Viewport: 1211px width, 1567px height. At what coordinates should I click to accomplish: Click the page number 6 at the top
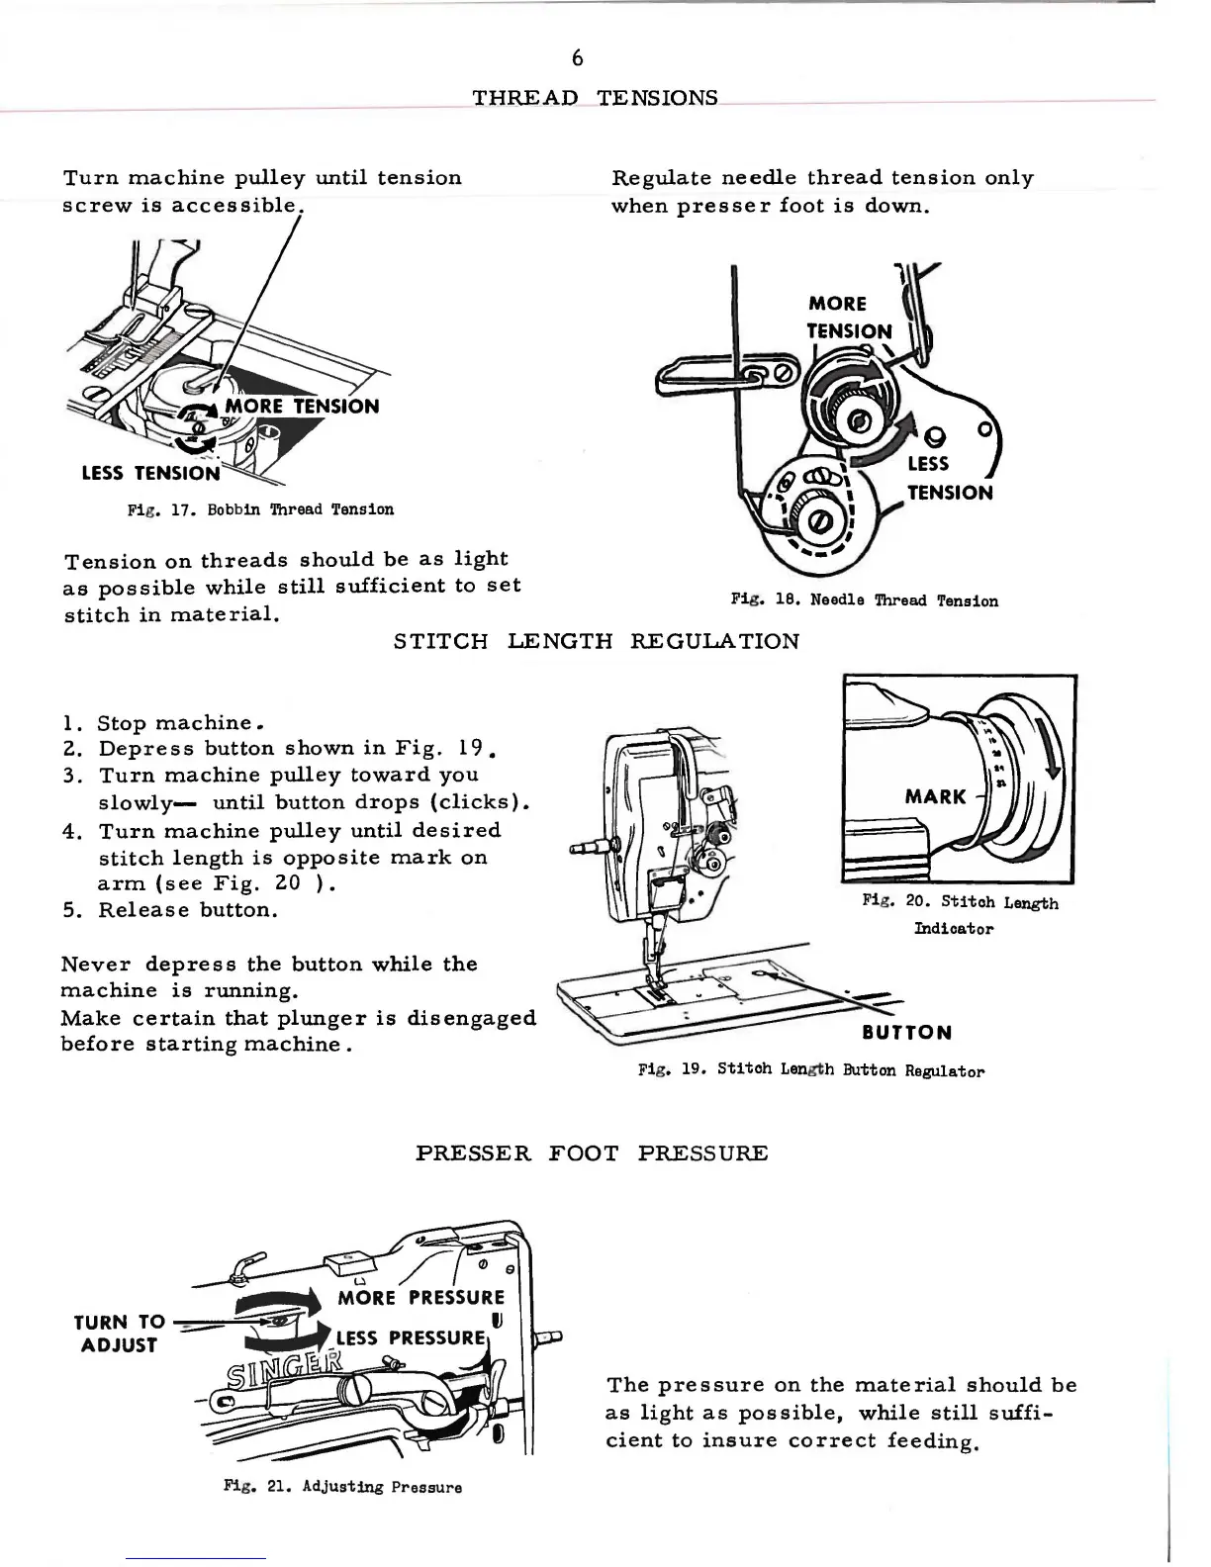(x=578, y=58)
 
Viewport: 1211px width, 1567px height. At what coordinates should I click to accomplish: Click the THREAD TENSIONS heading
(x=595, y=98)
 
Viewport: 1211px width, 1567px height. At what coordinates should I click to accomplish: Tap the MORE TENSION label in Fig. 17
(x=302, y=407)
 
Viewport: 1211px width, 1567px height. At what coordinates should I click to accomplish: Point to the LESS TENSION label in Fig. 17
(x=150, y=473)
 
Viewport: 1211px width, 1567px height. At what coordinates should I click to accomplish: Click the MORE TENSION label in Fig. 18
(x=848, y=318)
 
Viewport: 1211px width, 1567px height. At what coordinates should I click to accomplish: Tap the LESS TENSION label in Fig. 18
(x=949, y=478)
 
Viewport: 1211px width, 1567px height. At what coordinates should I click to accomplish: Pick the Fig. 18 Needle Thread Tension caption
(x=864, y=600)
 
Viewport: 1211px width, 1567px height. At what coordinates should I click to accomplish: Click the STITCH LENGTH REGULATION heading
(x=597, y=641)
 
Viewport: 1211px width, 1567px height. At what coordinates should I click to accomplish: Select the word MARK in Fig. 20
(x=935, y=796)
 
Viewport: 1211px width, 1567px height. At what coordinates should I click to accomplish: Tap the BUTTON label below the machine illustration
(x=906, y=1033)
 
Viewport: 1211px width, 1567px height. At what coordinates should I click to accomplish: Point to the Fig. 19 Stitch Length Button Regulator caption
(x=811, y=1070)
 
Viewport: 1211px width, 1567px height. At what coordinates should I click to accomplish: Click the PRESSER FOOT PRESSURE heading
(x=592, y=1153)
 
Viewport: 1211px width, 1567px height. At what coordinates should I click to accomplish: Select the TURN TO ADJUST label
(x=119, y=1333)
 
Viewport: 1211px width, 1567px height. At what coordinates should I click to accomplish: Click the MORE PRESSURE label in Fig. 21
(x=420, y=1298)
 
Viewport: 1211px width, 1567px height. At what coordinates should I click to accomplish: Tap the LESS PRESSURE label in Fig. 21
(x=411, y=1338)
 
